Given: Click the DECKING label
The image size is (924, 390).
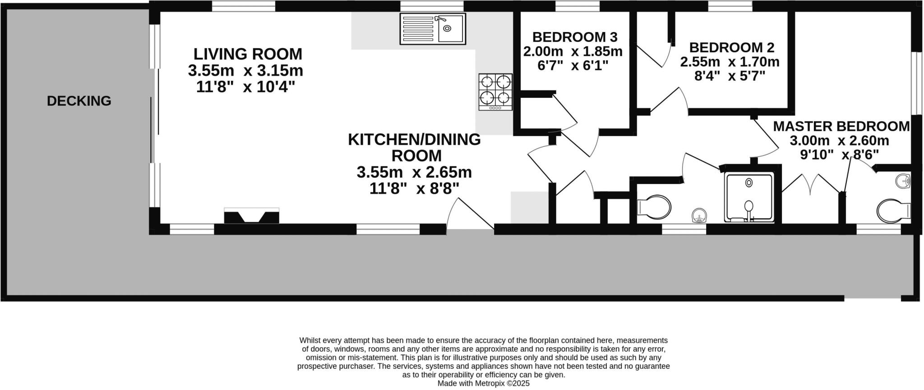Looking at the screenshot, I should click(x=79, y=101).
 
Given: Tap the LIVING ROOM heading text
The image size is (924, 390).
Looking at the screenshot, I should click(x=248, y=54).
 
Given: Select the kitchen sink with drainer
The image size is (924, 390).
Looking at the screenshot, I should click(x=432, y=29).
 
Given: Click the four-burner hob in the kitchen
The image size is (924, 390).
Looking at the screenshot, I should click(x=495, y=92).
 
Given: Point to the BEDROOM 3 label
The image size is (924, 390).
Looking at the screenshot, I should click(x=574, y=37).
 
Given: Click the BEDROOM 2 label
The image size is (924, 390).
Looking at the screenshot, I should click(x=731, y=47).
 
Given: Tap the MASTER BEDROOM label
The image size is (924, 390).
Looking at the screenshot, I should click(x=841, y=126).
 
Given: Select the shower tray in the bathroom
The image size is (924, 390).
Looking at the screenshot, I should click(x=749, y=197).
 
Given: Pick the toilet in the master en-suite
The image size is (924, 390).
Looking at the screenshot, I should click(x=893, y=210).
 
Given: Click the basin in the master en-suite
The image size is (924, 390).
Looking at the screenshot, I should click(x=903, y=181).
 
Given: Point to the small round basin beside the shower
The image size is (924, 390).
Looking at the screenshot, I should click(x=698, y=216).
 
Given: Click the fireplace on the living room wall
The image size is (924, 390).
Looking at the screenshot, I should click(x=251, y=216).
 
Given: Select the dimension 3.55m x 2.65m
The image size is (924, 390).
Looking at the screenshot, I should click(x=414, y=172).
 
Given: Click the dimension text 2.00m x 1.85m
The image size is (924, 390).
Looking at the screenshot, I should click(x=573, y=51).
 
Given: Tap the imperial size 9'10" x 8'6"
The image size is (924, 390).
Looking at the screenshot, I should click(x=839, y=155).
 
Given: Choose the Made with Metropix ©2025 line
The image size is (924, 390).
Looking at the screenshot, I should click(x=483, y=383).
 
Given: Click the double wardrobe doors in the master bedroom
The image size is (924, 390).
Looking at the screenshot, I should click(x=811, y=185).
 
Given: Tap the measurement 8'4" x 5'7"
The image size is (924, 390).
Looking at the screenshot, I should click(x=730, y=76).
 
